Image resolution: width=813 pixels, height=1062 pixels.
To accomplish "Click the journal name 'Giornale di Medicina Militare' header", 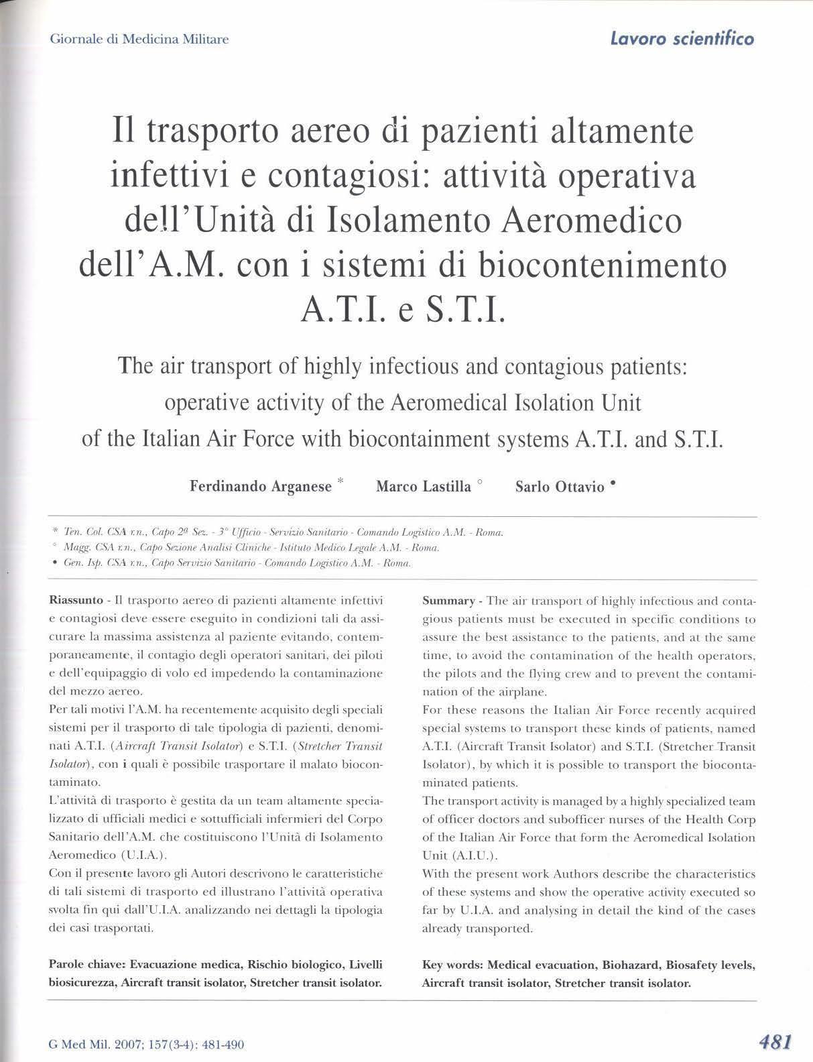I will [x=139, y=40].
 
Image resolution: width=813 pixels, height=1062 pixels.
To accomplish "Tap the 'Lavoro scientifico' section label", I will [x=682, y=38].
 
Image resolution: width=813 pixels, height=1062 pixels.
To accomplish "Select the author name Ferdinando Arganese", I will [x=261, y=487].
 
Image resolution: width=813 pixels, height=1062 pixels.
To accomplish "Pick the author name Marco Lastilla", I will [x=424, y=487].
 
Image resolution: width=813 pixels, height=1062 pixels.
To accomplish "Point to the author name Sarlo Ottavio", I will [x=560, y=487].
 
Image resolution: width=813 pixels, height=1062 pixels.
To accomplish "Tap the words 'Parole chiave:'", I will [x=87, y=964].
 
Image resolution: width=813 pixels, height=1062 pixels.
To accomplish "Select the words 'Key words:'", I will [x=452, y=965].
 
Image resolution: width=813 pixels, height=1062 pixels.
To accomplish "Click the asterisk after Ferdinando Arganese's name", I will [x=340, y=481].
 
